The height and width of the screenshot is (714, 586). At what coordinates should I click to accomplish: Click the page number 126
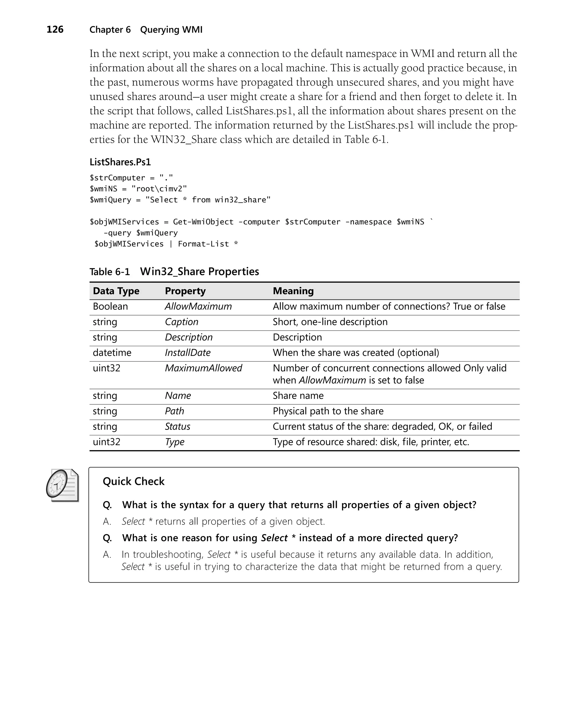[55, 29]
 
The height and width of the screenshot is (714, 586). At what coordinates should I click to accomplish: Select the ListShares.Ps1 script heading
[120, 162]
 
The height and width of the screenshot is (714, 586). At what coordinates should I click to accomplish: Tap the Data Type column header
[116, 291]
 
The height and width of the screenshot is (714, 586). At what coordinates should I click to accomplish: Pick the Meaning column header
[293, 291]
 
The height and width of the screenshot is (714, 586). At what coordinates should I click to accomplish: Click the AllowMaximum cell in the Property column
[198, 306]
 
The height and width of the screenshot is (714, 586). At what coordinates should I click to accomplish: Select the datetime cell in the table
[112, 353]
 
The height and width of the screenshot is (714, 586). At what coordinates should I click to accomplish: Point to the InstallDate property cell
[187, 353]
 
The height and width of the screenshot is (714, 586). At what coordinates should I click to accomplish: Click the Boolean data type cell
[110, 306]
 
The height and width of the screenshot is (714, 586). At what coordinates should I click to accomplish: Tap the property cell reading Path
[174, 411]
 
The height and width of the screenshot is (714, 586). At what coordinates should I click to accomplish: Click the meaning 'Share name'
[298, 395]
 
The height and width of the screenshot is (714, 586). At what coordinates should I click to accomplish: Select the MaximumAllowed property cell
[203, 368]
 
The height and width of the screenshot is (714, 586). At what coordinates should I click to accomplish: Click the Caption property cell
[181, 322]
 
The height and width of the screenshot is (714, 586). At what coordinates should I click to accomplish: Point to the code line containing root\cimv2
[138, 189]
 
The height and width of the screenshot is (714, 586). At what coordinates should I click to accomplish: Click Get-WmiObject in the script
[203, 222]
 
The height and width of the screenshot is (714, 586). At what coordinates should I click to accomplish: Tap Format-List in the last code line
[203, 244]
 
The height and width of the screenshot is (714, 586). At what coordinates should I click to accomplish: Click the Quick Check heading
[133, 481]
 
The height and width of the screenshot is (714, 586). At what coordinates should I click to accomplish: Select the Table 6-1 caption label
[109, 272]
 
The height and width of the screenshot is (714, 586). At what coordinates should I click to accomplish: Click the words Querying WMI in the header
[171, 30]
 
